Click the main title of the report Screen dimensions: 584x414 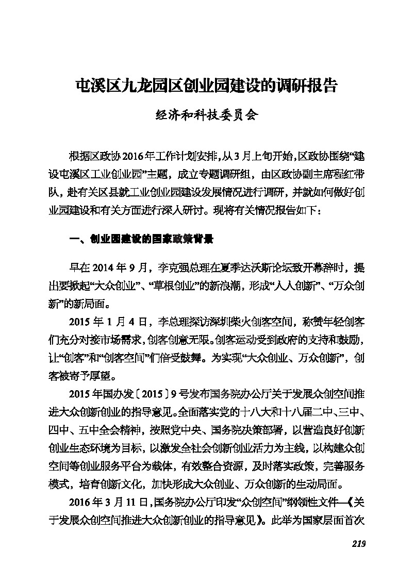tap(206, 86)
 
